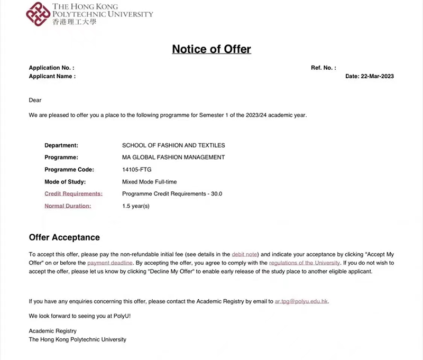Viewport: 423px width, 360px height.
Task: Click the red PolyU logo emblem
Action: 38,14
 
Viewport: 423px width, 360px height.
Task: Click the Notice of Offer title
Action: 212,49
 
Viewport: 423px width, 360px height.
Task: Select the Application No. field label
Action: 51,68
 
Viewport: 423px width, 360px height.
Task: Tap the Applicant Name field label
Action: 52,76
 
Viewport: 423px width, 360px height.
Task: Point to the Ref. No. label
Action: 323,68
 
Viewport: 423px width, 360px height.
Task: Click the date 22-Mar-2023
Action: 377,76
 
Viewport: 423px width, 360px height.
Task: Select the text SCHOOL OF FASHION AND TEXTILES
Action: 173,145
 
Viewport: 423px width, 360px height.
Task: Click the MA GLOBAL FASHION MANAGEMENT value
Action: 173,157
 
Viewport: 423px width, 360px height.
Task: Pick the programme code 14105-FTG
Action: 137,170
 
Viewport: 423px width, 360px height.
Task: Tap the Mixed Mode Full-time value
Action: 149,181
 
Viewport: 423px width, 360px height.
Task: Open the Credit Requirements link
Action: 73,193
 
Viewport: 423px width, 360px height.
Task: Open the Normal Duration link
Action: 68,206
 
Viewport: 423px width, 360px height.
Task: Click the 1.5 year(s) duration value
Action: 136,206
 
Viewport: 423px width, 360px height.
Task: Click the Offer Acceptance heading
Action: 64,237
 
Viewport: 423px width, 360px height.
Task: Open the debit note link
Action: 245,254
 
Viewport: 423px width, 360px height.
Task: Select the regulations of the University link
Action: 304,263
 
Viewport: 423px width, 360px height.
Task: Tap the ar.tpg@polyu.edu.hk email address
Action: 301,301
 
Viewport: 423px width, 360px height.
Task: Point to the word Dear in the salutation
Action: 35,100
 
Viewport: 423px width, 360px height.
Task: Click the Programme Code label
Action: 69,170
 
